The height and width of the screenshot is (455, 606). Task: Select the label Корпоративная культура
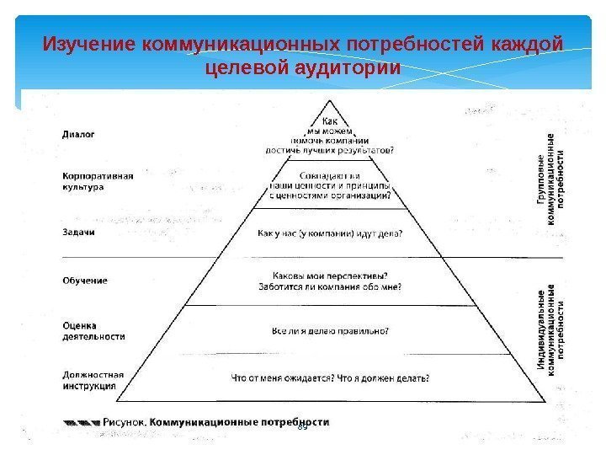(98, 181)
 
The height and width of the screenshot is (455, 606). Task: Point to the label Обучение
(85, 280)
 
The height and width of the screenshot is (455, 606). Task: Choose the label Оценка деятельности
(93, 330)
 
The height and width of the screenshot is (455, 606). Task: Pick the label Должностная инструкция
(93, 380)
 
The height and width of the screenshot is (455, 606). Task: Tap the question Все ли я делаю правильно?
(329, 330)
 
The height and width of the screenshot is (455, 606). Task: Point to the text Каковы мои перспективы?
(329, 275)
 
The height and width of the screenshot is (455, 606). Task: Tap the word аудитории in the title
(344, 67)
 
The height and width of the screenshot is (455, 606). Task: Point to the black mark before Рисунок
(82, 421)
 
